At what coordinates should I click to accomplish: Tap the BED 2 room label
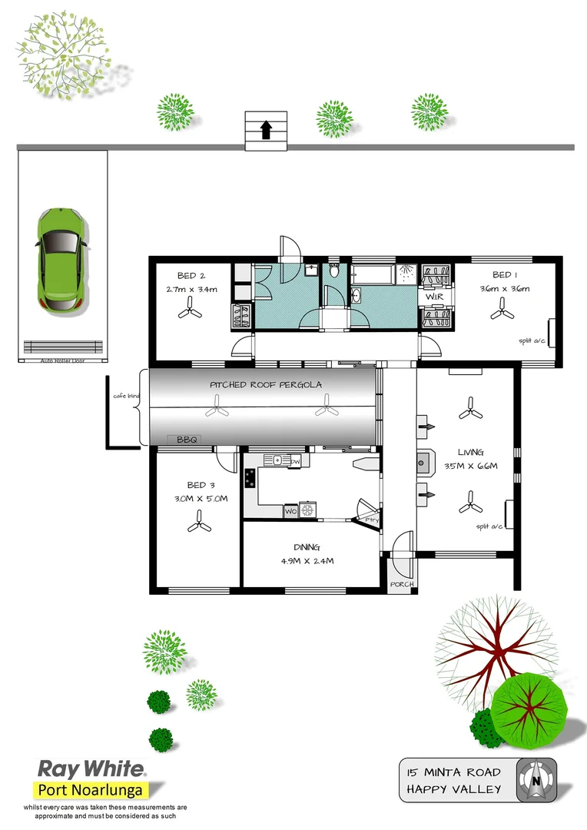191,276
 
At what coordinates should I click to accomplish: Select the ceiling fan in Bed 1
503,309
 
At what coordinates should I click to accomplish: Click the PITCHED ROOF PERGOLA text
266,384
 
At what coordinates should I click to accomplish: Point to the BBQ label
187,440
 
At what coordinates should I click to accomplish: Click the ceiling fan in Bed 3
197,526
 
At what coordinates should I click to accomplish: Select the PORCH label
402,584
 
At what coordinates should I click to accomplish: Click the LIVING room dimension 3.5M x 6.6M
471,466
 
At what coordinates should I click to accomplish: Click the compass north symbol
536,779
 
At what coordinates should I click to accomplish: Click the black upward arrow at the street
266,130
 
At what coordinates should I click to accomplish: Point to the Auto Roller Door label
62,359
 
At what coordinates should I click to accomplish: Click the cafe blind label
122,397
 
